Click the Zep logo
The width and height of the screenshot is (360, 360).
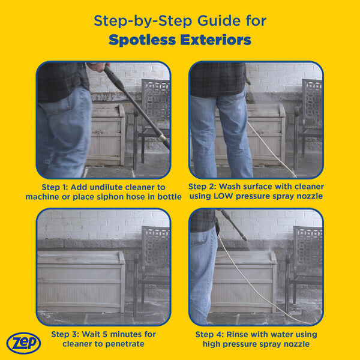click(23, 343)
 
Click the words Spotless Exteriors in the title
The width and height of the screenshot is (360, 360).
click(180, 40)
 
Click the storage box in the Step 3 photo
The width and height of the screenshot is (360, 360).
click(80, 279)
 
